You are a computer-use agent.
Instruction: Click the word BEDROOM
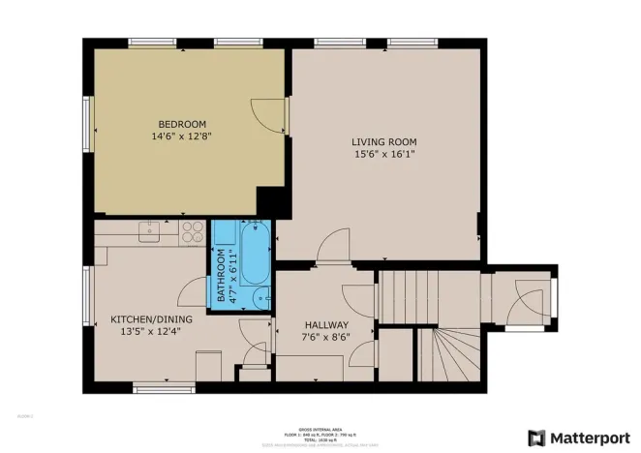click(182, 124)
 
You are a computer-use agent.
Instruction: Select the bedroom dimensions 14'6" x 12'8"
click(182, 136)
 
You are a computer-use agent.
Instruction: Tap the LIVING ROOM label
click(384, 141)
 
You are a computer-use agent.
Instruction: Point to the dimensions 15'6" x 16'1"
click(384, 154)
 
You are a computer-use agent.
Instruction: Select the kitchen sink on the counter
click(150, 230)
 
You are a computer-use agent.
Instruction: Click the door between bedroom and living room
click(274, 117)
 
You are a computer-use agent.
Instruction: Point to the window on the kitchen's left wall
click(87, 295)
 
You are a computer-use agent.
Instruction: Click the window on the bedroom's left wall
click(87, 119)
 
